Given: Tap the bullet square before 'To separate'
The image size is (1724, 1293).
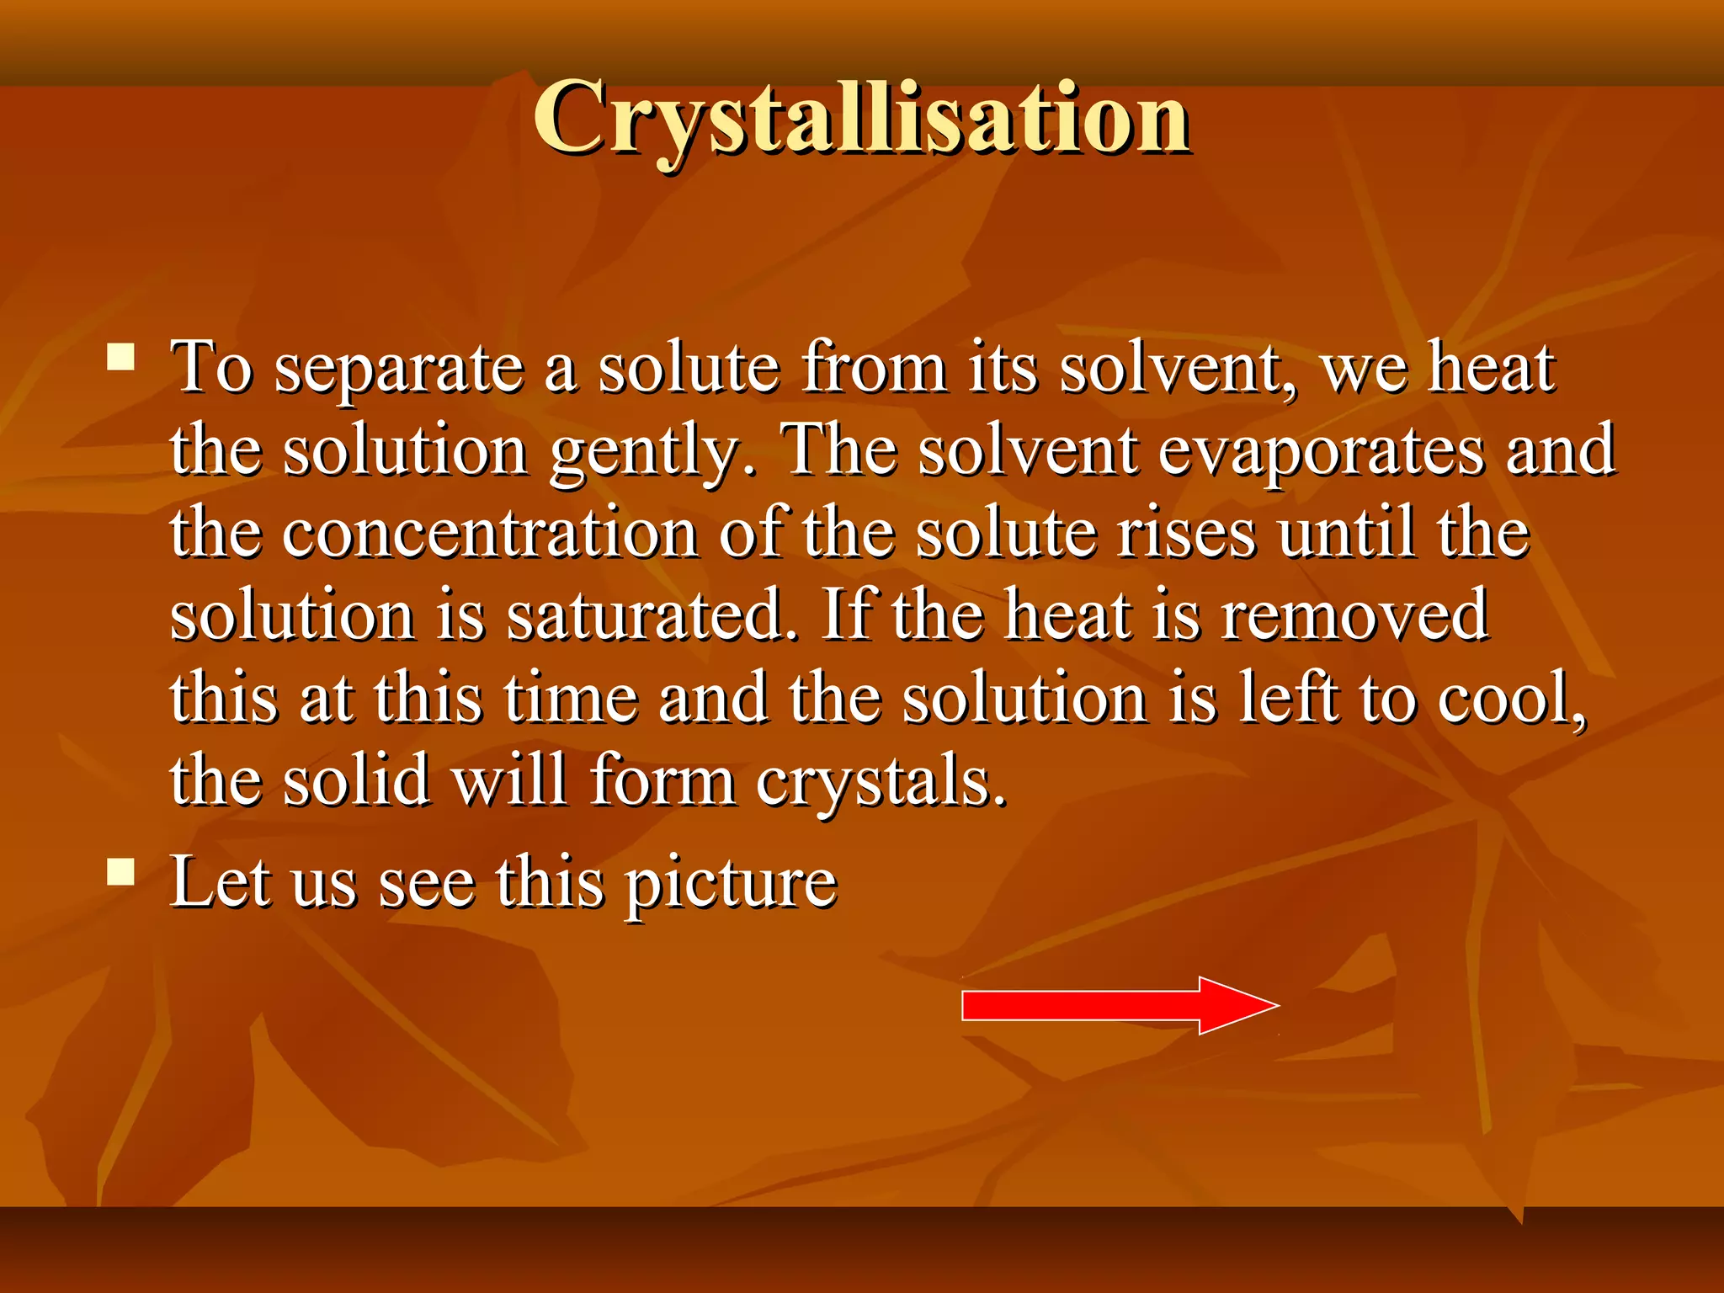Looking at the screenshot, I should tap(121, 357).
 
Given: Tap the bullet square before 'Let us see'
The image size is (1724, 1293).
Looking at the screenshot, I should tap(121, 872).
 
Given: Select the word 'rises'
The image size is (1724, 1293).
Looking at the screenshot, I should tap(1186, 535).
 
